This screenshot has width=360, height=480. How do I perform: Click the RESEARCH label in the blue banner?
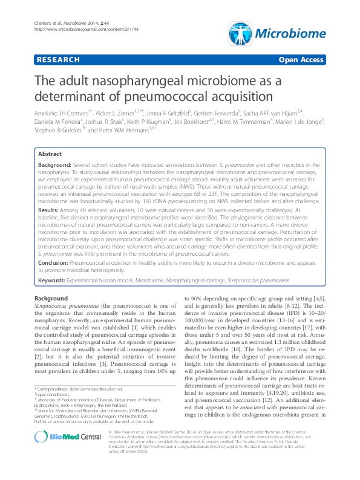tap(58, 60)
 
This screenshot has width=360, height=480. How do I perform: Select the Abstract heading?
tap(51, 155)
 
